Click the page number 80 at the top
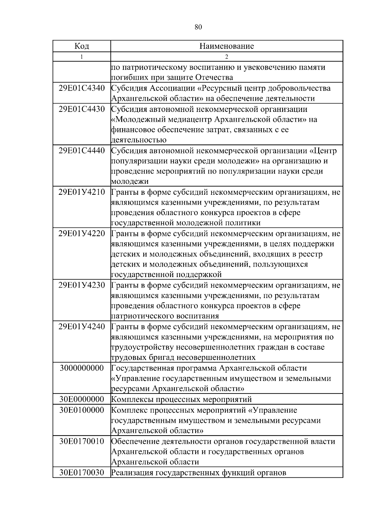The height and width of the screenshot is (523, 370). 198,27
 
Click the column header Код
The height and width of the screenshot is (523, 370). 82,46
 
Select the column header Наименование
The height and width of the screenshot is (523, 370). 227,46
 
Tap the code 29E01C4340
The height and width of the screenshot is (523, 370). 82,88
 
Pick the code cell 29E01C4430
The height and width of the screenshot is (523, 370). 82,109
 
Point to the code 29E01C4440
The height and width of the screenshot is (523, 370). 82,151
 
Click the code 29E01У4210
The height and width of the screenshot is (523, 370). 82,192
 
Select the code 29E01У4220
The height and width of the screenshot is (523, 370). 82,234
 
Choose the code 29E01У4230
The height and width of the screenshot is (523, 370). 82,285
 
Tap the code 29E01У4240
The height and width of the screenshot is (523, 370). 82,327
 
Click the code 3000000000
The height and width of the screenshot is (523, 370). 82,368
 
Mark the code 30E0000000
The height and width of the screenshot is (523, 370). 82,399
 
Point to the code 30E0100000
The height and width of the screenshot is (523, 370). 82,410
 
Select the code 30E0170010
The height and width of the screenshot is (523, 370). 82,441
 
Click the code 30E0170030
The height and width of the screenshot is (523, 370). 82,472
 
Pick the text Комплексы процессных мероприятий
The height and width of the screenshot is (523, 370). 181,399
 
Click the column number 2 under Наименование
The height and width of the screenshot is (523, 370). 227,57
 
